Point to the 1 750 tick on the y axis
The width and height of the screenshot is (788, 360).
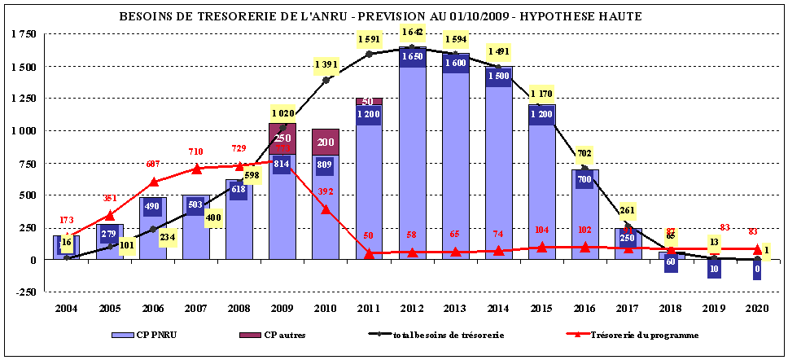pyautogui.click(x=24, y=34)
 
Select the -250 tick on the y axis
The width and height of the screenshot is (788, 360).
pyautogui.click(x=26, y=292)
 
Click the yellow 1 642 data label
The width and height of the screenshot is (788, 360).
pyautogui.click(x=412, y=32)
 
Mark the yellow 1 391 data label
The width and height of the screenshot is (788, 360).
pyautogui.click(x=326, y=63)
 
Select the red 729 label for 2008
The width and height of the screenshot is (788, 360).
pyautogui.click(x=239, y=148)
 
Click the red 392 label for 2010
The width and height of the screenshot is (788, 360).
pyautogui.click(x=326, y=191)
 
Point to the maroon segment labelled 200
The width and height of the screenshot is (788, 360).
pyautogui.click(x=326, y=142)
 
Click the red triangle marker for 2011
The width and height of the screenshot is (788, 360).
pyautogui.click(x=369, y=253)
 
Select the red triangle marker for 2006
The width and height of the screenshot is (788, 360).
pyautogui.click(x=153, y=182)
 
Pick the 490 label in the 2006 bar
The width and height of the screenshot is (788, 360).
pyautogui.click(x=153, y=206)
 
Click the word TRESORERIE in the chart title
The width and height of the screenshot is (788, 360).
pyautogui.click(x=243, y=16)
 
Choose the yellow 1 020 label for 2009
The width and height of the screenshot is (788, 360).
pyautogui.click(x=282, y=112)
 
